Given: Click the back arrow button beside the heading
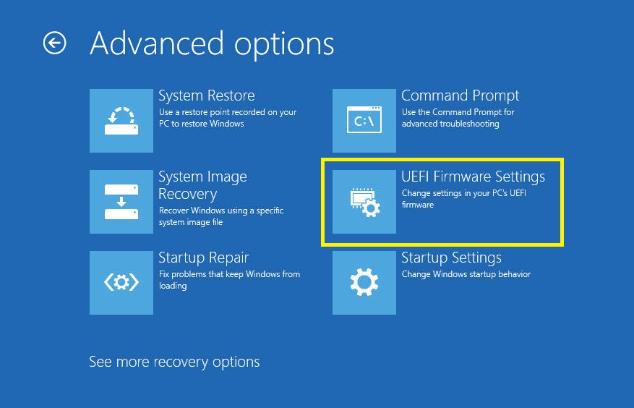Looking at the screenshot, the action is point(55,43).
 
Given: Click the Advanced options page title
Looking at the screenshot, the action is point(212,44).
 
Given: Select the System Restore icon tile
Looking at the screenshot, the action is point(121,121).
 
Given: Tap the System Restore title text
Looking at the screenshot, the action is point(207,95).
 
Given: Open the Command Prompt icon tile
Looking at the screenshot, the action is point(364,121).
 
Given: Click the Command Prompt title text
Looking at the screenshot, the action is point(460,96).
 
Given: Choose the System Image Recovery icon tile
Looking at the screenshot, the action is point(121,202).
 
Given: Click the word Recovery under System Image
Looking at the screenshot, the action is point(188,195).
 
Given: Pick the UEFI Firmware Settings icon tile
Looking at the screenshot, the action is point(364,202).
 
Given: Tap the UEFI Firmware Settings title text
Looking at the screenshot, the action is point(473,177).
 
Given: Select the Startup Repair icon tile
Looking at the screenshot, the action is point(121,283).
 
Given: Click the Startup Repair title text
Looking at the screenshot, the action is point(203,258).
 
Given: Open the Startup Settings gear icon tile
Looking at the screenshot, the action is point(364,283).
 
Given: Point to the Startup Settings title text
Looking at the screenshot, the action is point(451,258).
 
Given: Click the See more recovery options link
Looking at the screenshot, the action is point(174,362).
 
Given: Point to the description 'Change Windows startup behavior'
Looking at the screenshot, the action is point(466,274).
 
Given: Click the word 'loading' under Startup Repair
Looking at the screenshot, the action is point(173,286).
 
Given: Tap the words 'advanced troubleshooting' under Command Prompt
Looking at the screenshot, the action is point(450,124).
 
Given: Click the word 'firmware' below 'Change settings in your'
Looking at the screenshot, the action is point(418,205).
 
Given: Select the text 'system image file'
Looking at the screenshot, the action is point(191,222).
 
